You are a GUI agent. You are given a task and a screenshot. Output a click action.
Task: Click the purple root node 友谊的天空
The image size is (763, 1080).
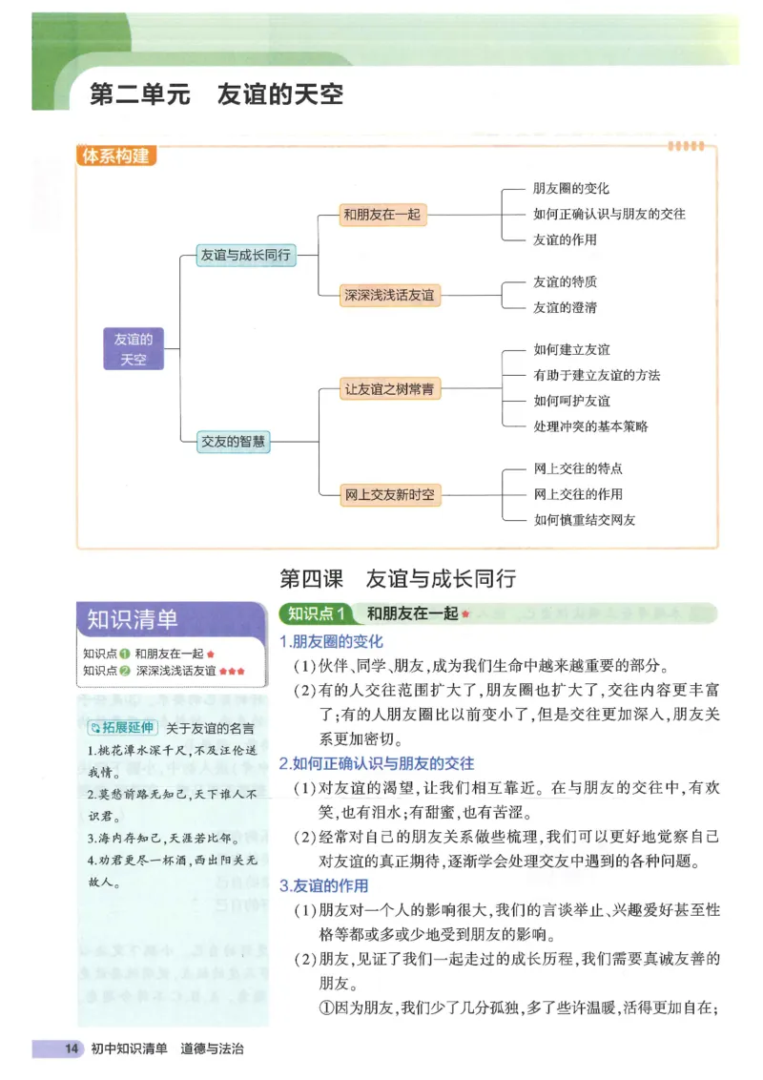pos(133,348)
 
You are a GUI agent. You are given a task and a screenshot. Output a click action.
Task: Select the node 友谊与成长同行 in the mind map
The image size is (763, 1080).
pos(244,255)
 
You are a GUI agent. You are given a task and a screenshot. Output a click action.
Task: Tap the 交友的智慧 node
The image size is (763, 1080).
pos(234,442)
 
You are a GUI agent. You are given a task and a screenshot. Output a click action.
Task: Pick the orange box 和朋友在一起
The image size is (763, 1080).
pos(381,215)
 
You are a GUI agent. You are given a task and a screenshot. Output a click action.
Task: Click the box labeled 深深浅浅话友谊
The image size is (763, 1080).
pos(389,295)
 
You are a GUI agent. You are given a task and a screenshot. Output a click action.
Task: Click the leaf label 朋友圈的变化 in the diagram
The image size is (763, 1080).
pos(570,189)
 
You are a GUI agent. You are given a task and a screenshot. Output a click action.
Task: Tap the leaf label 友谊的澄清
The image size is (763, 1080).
pos(565,307)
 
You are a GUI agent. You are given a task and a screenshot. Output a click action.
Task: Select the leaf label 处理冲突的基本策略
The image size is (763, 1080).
pos(590,426)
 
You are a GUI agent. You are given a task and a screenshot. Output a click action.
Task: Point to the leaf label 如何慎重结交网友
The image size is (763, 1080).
pos(584,520)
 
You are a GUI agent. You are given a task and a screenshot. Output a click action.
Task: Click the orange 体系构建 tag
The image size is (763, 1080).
pos(116,156)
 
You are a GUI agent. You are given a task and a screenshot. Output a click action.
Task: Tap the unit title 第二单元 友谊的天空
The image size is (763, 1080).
pos(216,95)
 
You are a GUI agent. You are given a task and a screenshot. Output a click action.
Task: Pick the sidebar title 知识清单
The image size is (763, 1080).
pos(133,619)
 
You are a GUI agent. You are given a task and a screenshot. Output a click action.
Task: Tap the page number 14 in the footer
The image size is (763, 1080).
pos(71,1049)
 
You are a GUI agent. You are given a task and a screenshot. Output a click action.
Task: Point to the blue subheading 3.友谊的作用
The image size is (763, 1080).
pos(323,885)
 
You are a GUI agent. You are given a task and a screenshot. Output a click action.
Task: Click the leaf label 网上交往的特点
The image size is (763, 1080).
pos(578,469)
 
